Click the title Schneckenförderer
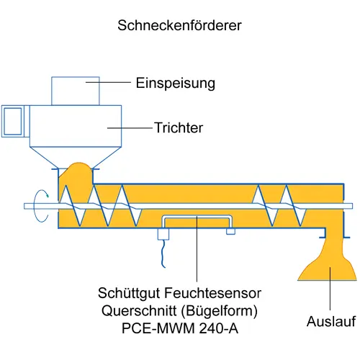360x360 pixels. [179, 25]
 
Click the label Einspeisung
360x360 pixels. [176, 84]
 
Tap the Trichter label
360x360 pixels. [179, 127]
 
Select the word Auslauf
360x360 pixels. [331, 321]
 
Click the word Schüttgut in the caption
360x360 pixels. [130, 293]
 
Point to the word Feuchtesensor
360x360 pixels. [213, 293]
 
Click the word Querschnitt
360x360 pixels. [140, 311]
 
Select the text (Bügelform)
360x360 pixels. [220, 311]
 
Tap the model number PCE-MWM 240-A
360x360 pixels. [180, 328]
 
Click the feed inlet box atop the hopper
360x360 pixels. [76, 91]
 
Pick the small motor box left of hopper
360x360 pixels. [13, 121]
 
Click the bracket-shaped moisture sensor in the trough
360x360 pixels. [197, 217]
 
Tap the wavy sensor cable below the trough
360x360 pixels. [163, 253]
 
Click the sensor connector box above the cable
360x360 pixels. [163, 234]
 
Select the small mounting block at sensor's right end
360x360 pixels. [230, 231]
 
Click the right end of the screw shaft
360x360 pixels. [352, 206]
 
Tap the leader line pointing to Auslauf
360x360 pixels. [330, 288]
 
